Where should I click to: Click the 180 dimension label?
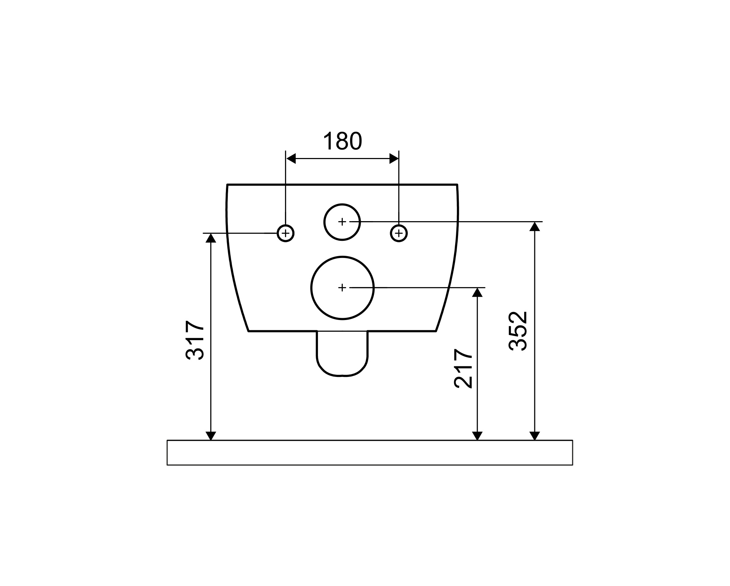(342, 141)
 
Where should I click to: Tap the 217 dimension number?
(463, 369)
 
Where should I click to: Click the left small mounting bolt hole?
(286, 233)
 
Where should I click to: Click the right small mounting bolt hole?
(399, 233)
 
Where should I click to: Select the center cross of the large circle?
(342, 288)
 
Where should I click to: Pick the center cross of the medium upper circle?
(342, 221)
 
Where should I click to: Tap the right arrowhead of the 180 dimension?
(394, 159)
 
